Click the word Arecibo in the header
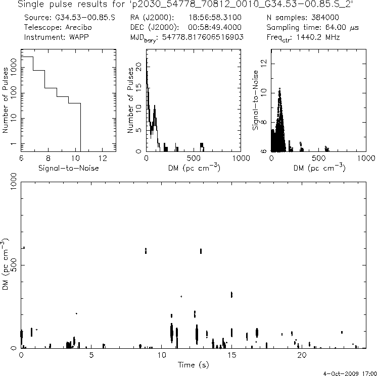pos(78,27)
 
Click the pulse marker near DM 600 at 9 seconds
pos(146,250)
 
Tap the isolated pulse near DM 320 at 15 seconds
pos(231,295)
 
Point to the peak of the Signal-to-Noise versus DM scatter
pos(279,90)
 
